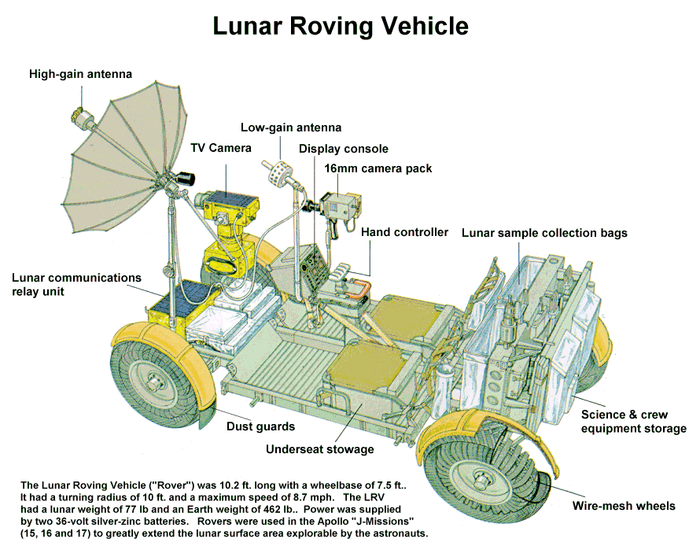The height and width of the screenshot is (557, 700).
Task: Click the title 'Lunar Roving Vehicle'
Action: [341, 26]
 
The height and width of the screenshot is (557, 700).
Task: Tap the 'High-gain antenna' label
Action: [80, 75]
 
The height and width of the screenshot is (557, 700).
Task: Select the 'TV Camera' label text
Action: [221, 148]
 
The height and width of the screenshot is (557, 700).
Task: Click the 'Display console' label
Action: [344, 149]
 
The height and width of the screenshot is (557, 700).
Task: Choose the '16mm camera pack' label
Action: [379, 168]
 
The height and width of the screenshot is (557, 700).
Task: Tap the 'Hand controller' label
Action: [405, 232]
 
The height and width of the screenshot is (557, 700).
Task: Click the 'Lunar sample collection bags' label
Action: [544, 233]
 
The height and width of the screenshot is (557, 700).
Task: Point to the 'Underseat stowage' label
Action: [319, 449]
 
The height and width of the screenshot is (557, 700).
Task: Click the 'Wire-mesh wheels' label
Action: [624, 506]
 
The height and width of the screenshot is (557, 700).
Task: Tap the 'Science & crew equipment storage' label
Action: [633, 422]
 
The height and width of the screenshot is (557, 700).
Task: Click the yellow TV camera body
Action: [227, 206]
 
